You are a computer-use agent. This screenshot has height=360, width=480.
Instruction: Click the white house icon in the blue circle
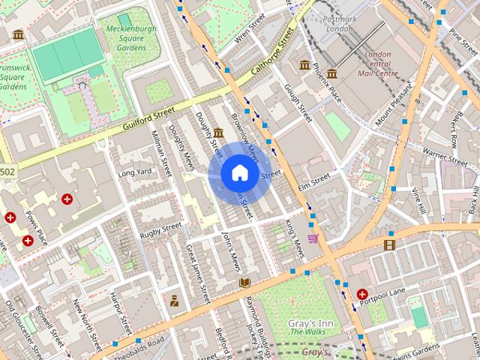point(239,173)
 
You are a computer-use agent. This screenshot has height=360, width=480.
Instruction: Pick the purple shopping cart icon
point(313,238)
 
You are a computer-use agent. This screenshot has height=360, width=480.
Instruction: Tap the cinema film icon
point(389,244)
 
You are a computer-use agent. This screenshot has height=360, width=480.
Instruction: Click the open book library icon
point(244,282)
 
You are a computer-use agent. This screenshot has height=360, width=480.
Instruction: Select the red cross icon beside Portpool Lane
point(363,295)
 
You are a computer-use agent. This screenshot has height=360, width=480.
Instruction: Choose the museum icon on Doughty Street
point(218,133)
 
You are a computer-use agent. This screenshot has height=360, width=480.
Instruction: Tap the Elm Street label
point(314,180)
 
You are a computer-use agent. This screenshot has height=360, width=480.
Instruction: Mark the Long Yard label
point(135,173)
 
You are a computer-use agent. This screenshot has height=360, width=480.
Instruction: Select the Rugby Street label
point(161,230)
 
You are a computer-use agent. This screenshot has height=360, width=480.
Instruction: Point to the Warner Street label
point(445,152)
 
